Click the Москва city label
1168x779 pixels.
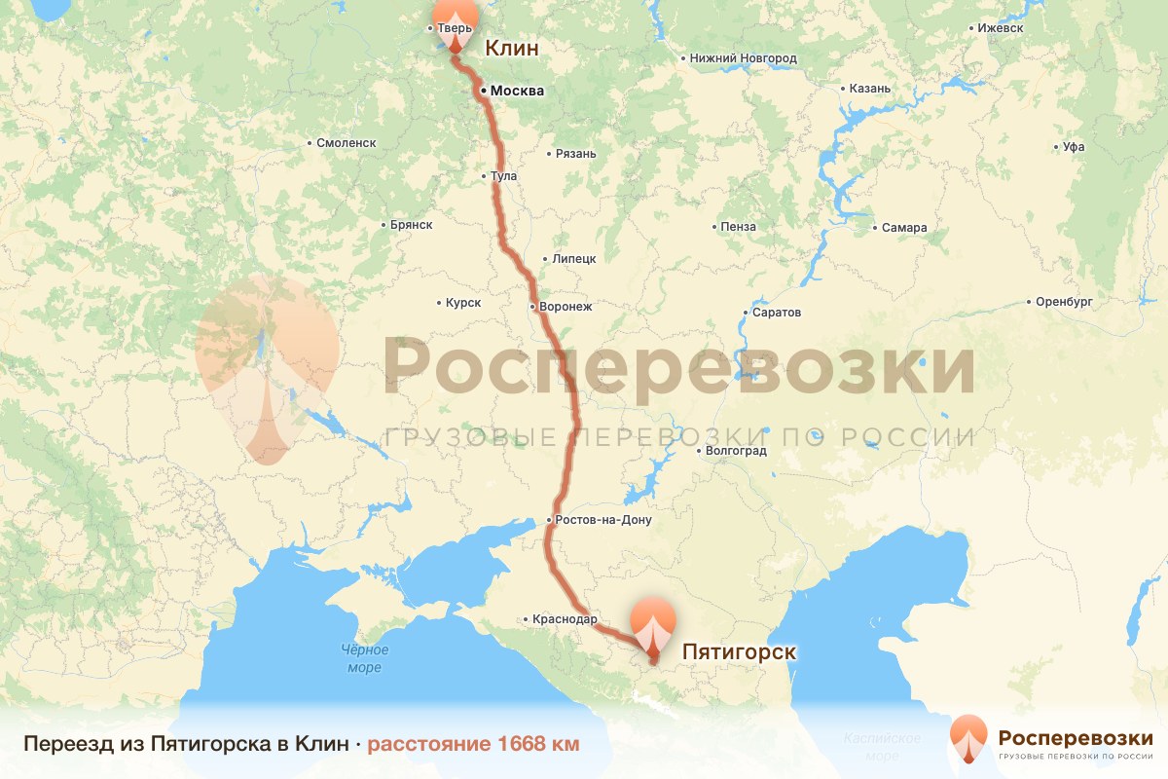click(516, 91)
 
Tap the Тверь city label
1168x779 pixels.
click(455, 28)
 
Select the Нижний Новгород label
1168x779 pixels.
click(743, 58)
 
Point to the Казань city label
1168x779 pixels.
click(869, 89)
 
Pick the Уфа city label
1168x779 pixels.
click(1074, 148)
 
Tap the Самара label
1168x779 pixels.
click(904, 228)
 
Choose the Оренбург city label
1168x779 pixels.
click(1064, 302)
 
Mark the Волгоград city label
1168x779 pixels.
click(735, 451)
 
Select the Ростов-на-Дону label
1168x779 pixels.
click(604, 520)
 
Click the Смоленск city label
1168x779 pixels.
click(346, 143)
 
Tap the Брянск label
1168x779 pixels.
click(410, 224)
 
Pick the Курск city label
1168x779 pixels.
click(463, 303)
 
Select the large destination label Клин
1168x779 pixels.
click(511, 48)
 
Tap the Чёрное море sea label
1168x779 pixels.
click(365, 659)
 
